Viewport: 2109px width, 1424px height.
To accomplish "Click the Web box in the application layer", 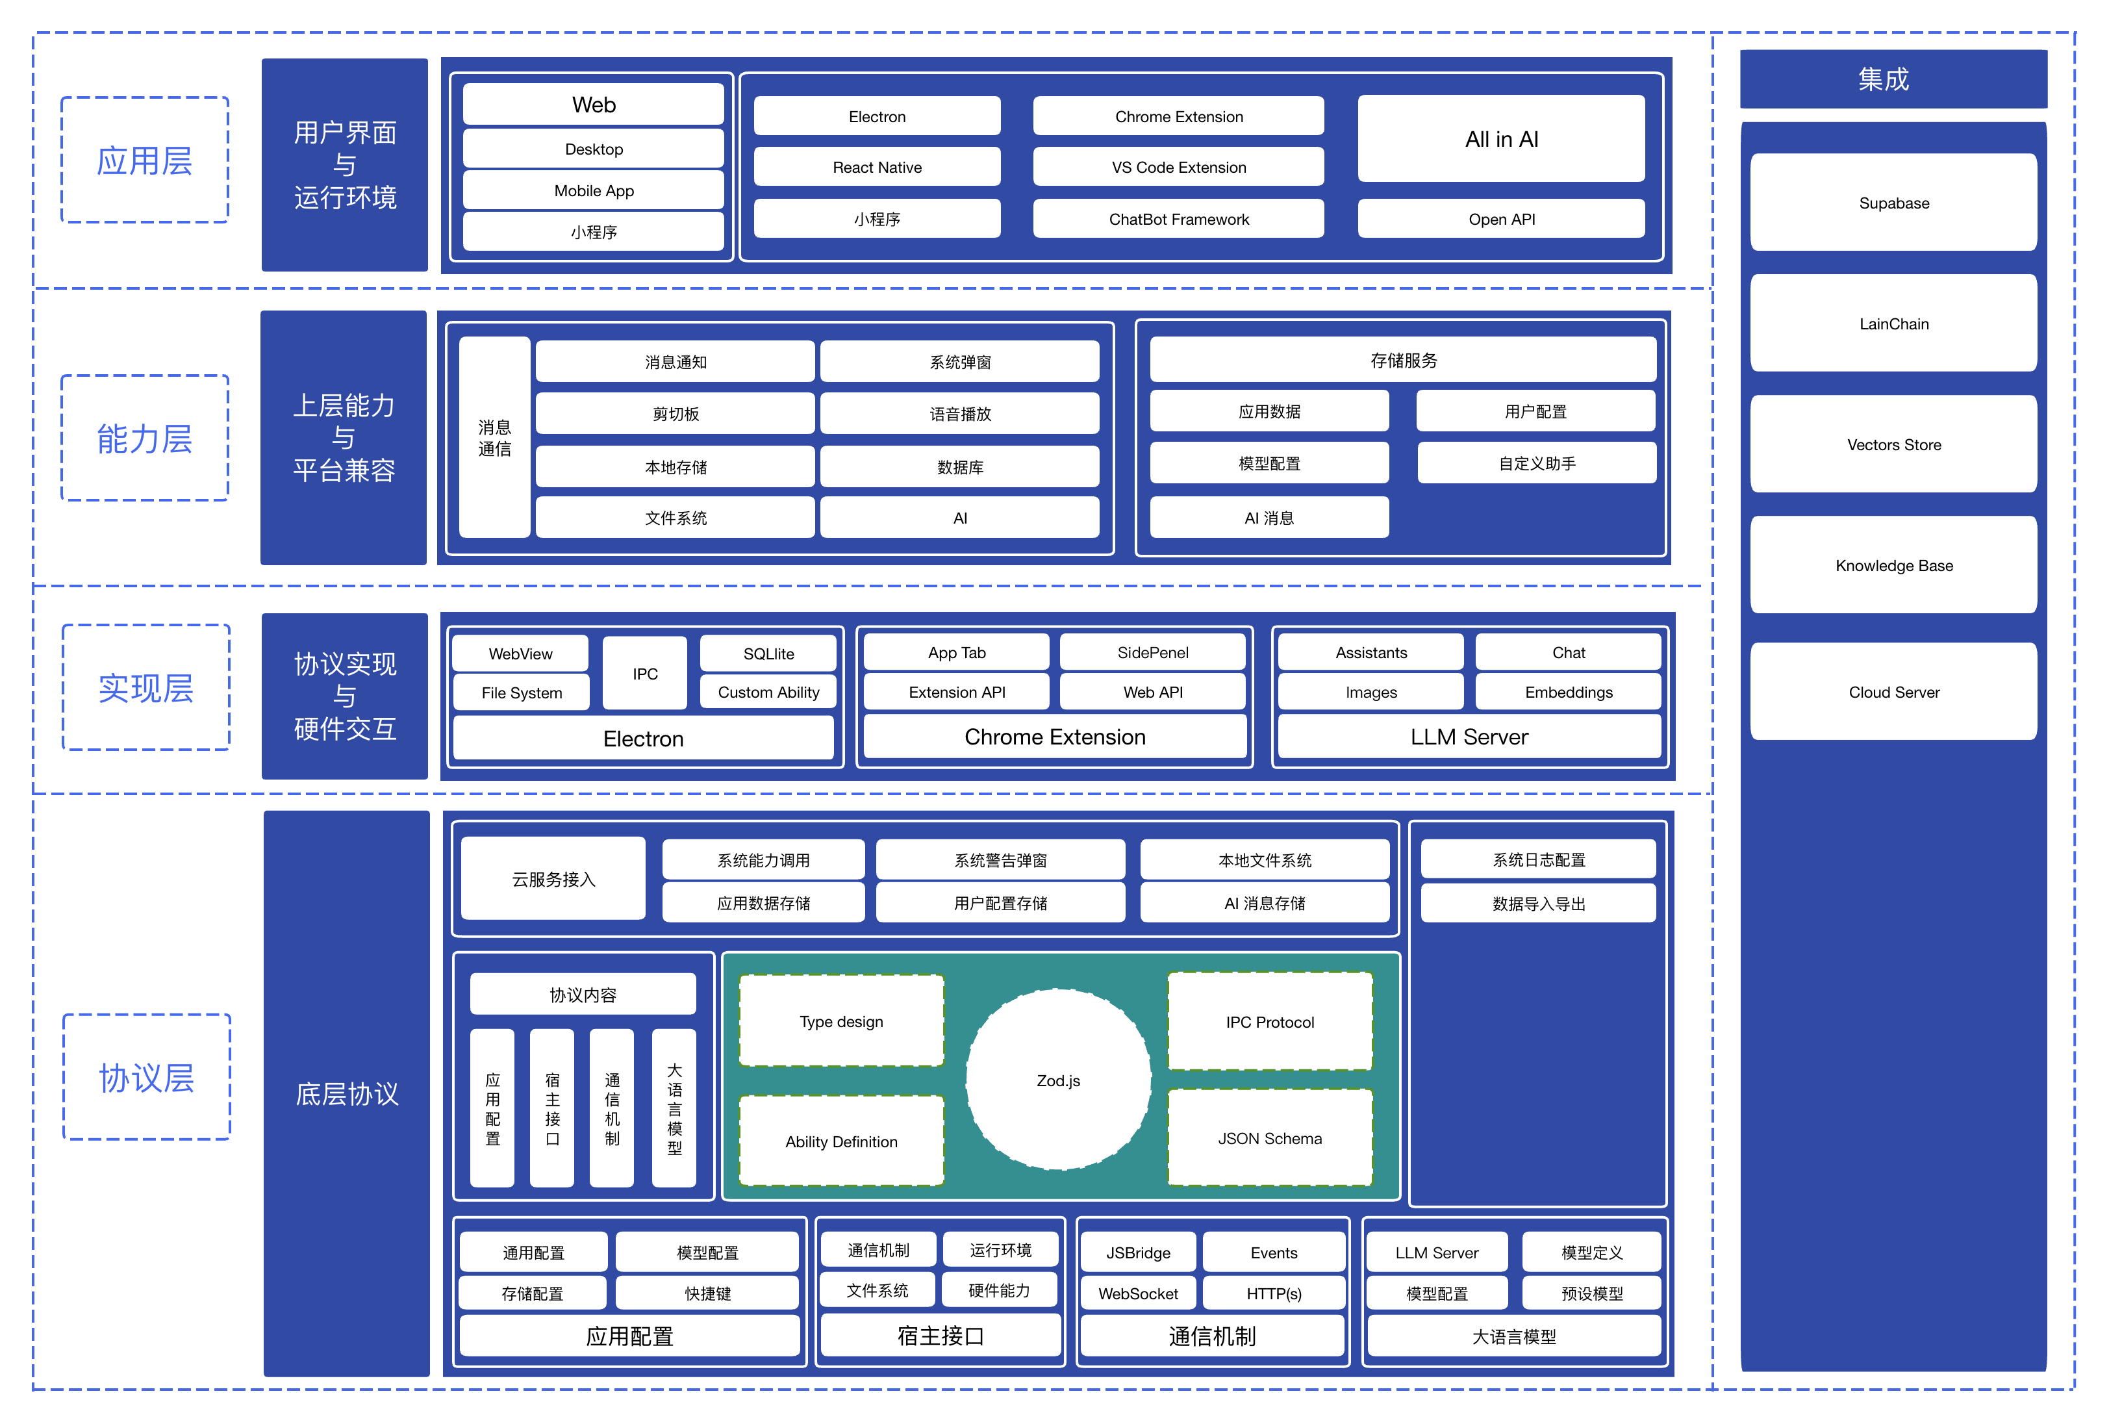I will pos(594,105).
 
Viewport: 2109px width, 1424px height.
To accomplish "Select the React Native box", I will pos(877,167).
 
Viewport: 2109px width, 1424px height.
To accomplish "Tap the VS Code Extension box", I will pos(1178,167).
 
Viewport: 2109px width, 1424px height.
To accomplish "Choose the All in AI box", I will pos(1501,139).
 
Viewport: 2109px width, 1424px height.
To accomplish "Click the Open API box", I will pos(1501,219).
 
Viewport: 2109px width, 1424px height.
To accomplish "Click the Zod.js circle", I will pos(1058,1080).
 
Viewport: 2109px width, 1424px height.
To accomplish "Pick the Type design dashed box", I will pos(841,1021).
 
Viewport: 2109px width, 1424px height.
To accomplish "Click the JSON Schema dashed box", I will pos(1270,1138).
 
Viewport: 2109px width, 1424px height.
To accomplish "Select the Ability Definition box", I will pos(841,1141).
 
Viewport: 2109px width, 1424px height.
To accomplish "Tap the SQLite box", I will pos(768,654).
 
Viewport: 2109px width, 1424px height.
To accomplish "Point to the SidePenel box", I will pos(1152,652).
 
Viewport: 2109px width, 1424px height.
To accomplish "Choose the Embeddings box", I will pos(1568,692).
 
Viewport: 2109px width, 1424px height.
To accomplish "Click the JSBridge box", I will pos(1138,1252).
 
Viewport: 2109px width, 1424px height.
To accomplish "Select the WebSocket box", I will pos(1138,1293).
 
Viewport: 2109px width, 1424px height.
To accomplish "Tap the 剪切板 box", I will pos(675,414).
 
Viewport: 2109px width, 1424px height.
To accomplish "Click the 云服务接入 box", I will pos(553,878).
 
